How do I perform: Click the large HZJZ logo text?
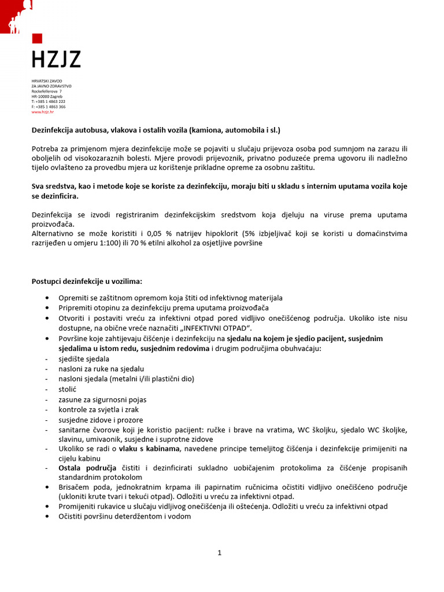[x=56, y=59]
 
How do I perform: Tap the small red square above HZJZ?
[x=36, y=39]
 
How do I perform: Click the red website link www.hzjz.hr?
[x=39, y=112]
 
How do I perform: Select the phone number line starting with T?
[x=48, y=102]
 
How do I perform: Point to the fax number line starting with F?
[x=48, y=107]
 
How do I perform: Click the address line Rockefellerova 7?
[x=46, y=91]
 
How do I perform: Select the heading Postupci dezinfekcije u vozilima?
[x=86, y=282]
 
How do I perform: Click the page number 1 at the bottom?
[x=220, y=553]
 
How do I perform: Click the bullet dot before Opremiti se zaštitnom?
[x=46, y=298]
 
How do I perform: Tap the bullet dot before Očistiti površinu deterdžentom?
[x=46, y=517]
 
